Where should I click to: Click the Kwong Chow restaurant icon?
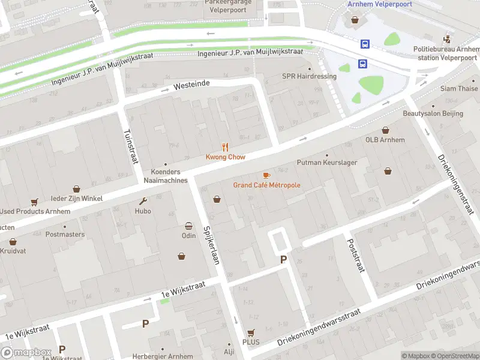point(226,147)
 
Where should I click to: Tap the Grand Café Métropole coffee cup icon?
point(266,175)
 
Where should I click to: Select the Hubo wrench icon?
point(143,201)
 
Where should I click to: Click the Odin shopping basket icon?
point(188,226)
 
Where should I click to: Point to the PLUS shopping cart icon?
point(251,332)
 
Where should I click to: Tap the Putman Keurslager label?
point(322,163)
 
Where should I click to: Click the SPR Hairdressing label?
point(309,76)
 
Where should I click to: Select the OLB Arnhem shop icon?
point(385,130)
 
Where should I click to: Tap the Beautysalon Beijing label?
point(433,113)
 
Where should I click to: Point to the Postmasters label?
point(65,235)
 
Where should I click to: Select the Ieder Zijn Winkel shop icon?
point(76,189)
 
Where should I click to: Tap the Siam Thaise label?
point(459,89)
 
